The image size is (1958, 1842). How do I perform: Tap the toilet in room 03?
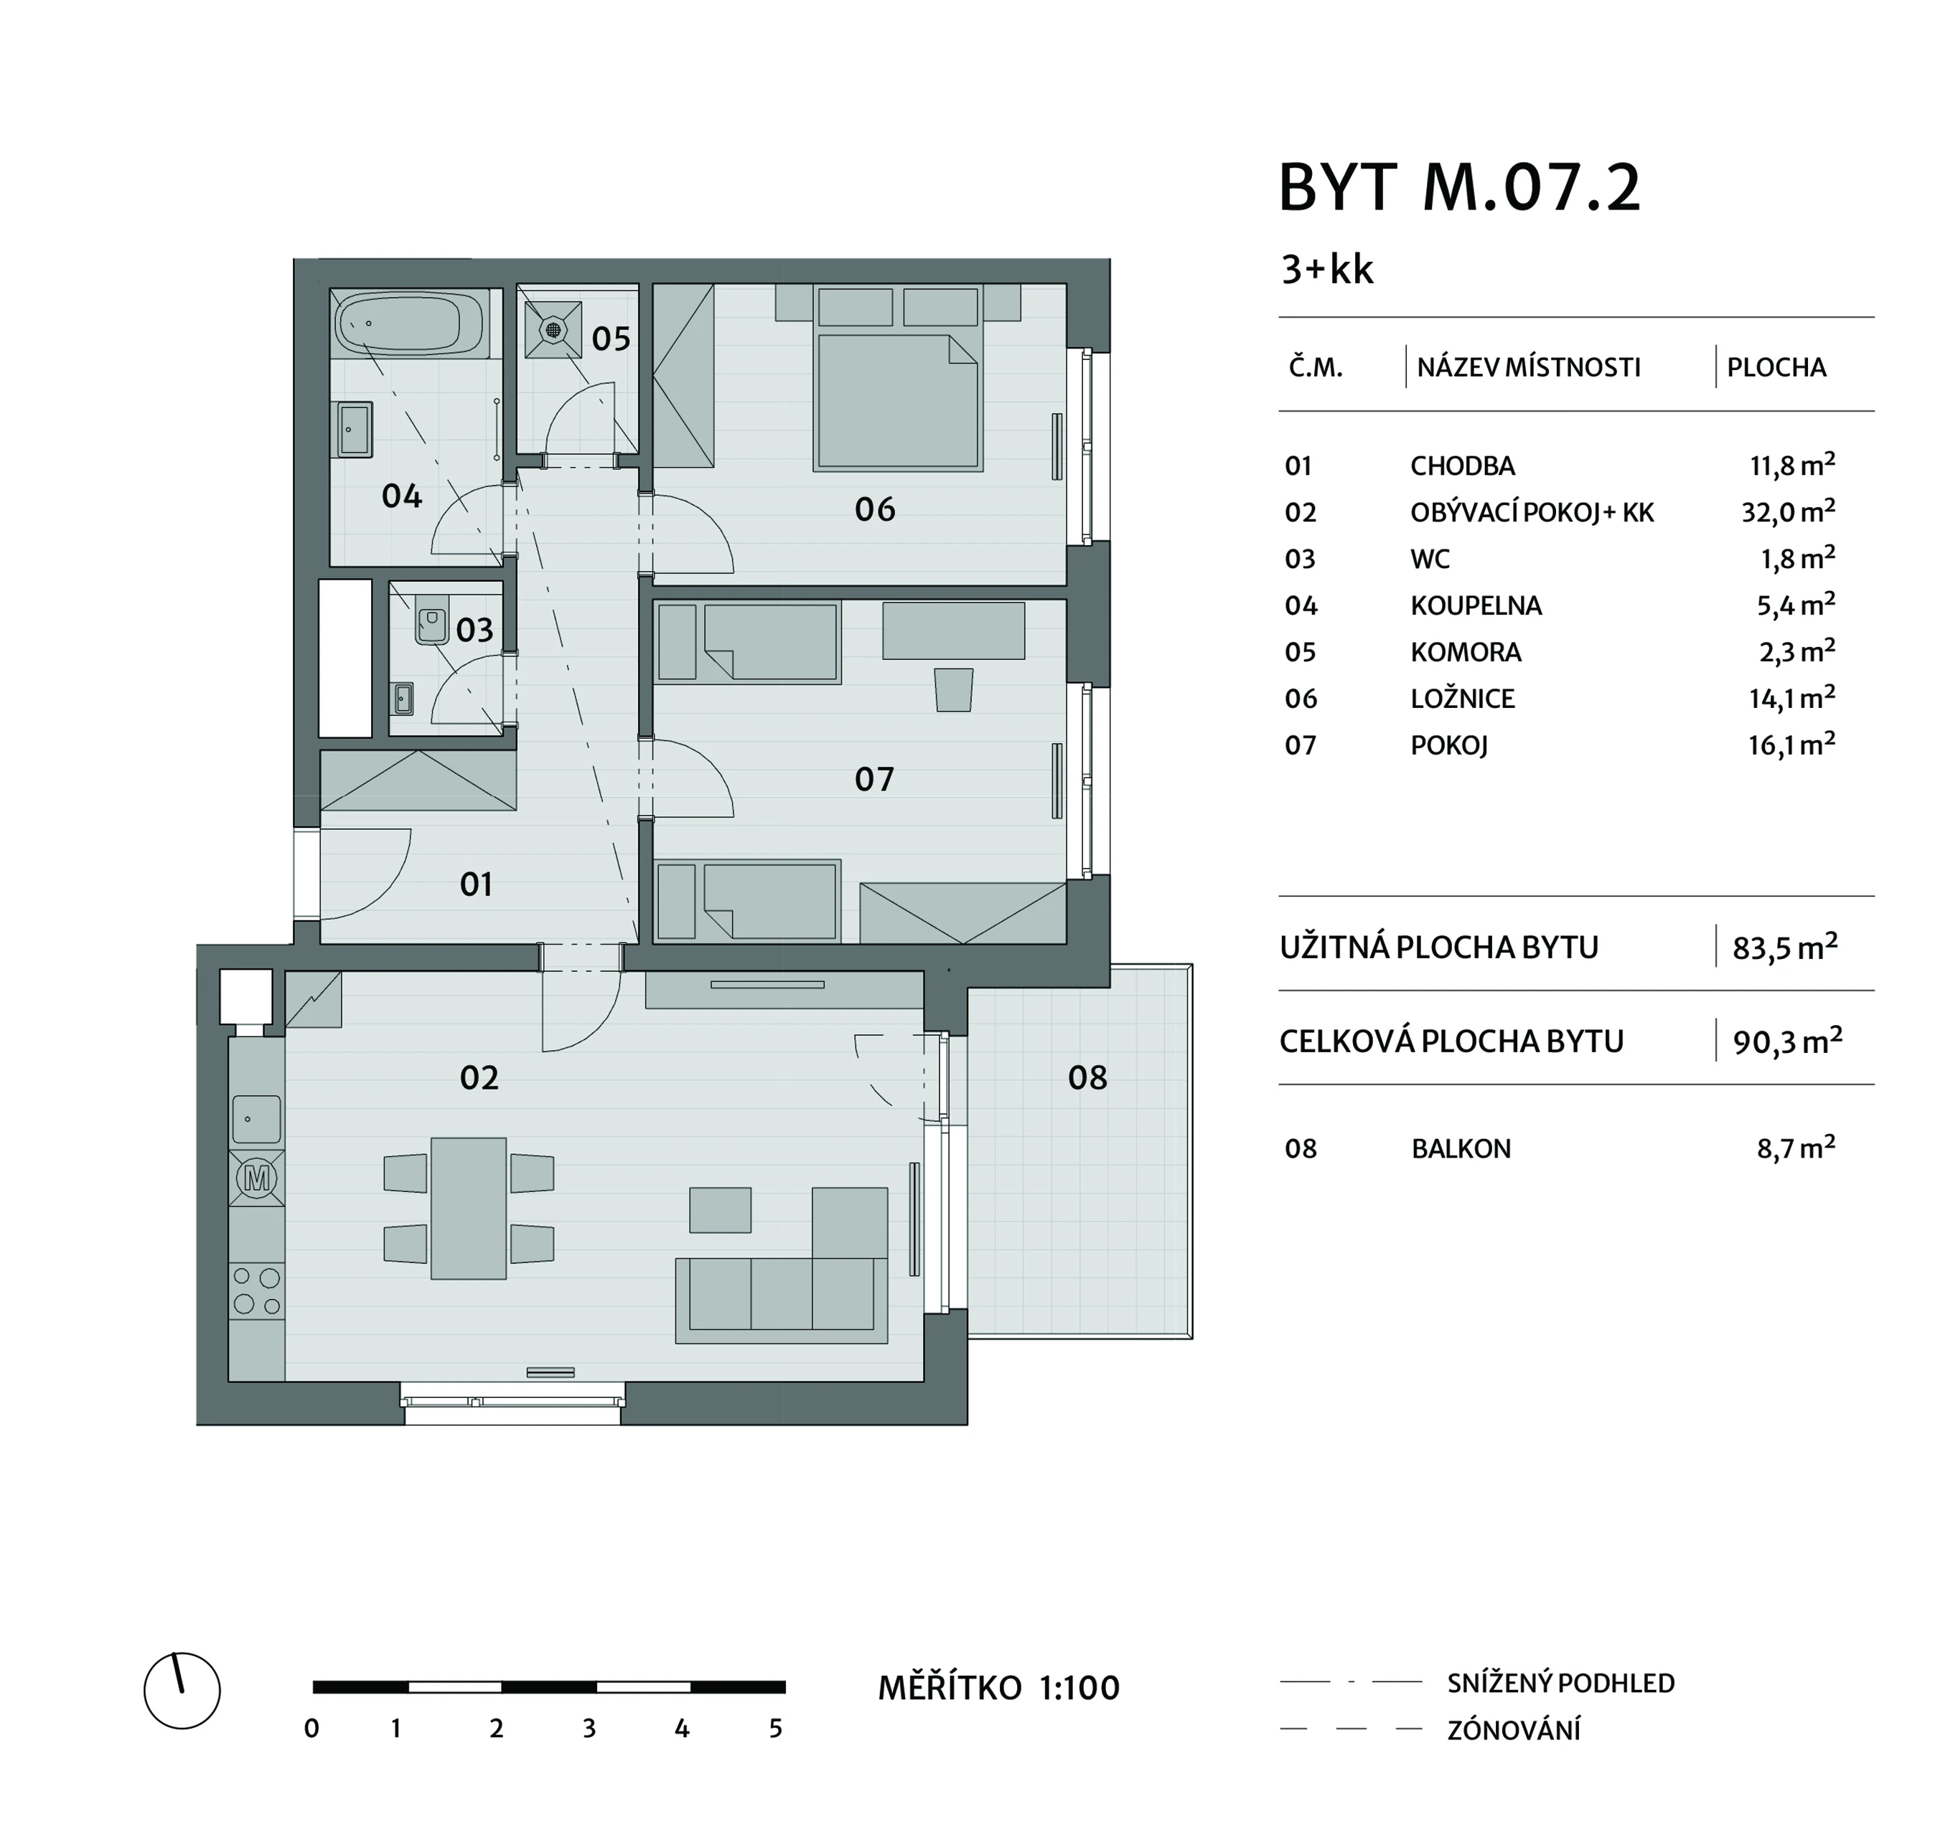click(431, 618)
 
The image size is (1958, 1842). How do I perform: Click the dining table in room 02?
click(469, 1208)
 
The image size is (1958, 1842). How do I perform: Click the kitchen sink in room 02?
click(257, 1118)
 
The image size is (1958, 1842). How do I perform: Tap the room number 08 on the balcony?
click(1087, 1078)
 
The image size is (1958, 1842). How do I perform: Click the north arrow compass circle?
click(182, 1691)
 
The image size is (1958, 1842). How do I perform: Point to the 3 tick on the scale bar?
click(589, 1729)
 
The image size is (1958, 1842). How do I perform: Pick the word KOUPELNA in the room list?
click(1476, 605)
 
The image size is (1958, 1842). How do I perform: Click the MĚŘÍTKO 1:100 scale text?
click(998, 1689)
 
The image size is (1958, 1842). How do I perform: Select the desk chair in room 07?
click(953, 689)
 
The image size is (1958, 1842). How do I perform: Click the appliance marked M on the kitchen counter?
click(257, 1179)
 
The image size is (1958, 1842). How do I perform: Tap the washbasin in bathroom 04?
click(355, 429)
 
